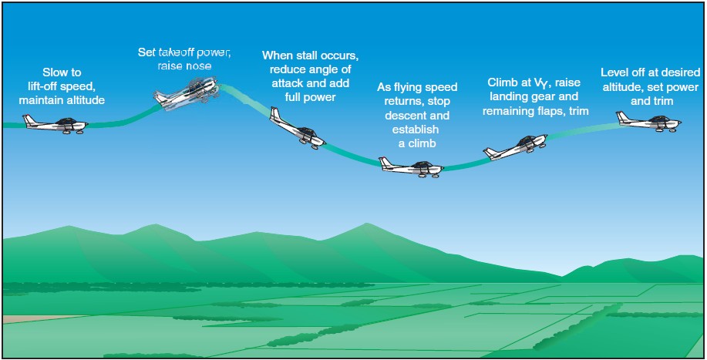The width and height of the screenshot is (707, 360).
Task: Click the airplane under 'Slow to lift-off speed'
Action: coord(55,124)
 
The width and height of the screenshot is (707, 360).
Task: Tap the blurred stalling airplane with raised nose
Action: coord(187,94)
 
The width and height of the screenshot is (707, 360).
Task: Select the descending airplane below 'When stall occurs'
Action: coord(297,128)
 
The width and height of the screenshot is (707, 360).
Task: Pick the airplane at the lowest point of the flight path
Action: coord(411,167)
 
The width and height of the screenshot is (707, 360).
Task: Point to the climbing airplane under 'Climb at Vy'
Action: coord(515,147)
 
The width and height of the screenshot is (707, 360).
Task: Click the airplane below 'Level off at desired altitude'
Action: coord(648,121)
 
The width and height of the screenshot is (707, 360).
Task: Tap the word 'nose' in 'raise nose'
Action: coord(197,66)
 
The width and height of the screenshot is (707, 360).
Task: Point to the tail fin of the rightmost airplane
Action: coord(623,116)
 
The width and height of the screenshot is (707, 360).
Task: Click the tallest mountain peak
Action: coord(367,224)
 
